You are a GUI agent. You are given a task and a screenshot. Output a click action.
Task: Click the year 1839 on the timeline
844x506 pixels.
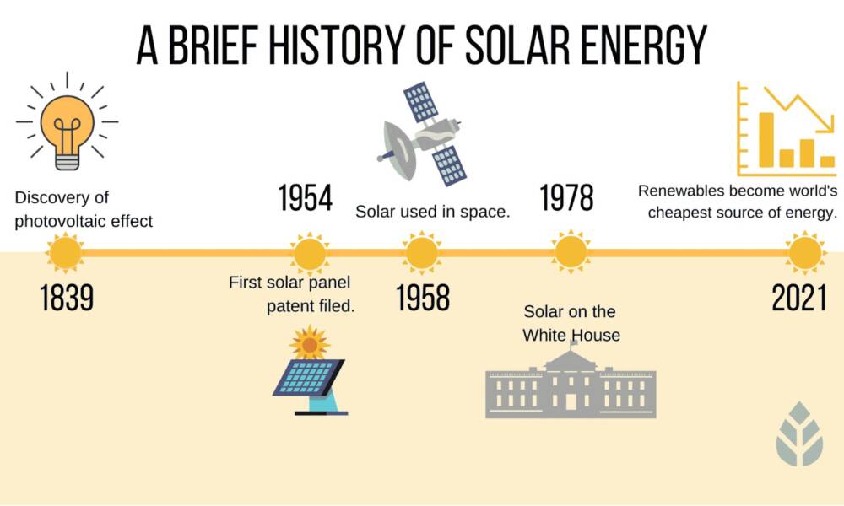click(x=66, y=298)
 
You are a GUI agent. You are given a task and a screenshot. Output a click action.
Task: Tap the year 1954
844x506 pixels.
click(x=305, y=199)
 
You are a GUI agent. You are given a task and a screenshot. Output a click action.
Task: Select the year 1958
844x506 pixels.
click(x=423, y=298)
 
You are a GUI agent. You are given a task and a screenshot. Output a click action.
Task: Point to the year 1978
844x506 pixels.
click(x=566, y=199)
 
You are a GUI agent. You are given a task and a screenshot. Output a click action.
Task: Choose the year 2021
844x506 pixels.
click(x=798, y=298)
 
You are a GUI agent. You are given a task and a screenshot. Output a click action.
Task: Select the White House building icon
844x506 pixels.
click(x=571, y=384)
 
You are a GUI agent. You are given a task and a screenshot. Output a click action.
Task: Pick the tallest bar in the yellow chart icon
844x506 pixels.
click(x=766, y=139)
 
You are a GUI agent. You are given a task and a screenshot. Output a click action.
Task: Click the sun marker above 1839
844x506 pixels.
click(x=66, y=252)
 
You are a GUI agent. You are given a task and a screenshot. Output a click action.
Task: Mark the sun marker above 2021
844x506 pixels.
click(x=803, y=252)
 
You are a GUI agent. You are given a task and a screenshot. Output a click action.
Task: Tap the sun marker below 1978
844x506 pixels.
click(x=571, y=252)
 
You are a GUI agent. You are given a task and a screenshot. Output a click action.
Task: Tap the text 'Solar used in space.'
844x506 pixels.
click(x=433, y=211)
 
